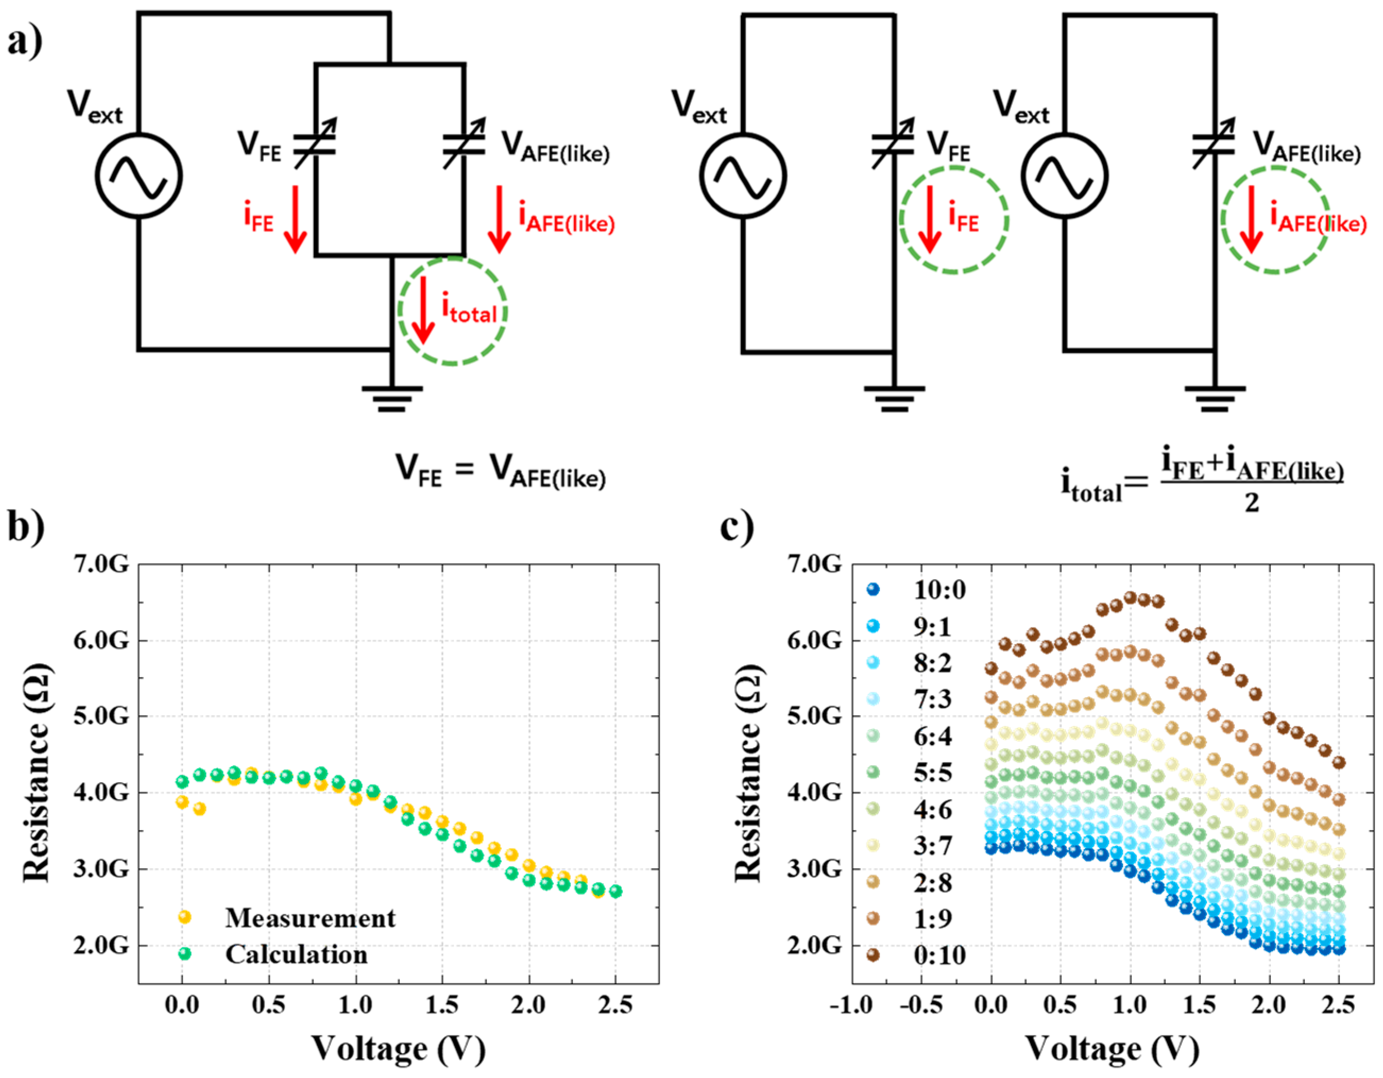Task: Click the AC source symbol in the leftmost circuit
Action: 139,176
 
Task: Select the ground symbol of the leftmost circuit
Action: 391,399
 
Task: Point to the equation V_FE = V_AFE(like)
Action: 500,472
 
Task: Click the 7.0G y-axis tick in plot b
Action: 101,563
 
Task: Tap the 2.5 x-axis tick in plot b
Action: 615,1005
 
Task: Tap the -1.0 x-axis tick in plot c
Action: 852,1005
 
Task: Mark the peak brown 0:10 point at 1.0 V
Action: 1130,597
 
